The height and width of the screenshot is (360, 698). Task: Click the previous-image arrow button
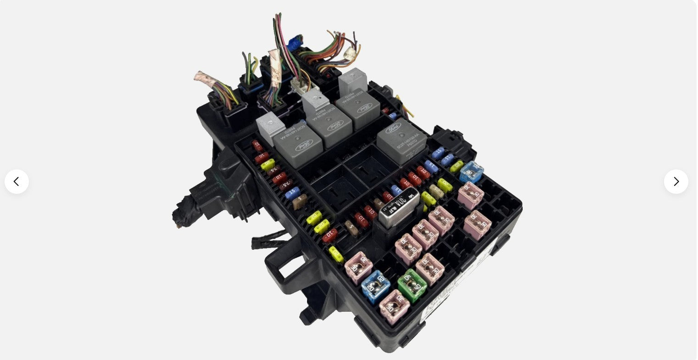17,182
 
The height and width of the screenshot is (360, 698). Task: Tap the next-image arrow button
676,182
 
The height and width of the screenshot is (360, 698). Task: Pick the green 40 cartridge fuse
412,285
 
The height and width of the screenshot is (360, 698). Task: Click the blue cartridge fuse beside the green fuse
375,287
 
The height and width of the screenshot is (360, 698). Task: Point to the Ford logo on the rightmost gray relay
394,129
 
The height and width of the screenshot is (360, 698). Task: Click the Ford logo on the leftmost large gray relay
303,145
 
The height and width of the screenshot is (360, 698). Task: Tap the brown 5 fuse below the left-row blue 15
300,202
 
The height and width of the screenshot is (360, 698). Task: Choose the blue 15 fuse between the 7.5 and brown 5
292,192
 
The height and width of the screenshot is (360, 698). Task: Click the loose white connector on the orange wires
351,53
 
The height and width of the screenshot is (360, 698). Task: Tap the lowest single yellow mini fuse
336,254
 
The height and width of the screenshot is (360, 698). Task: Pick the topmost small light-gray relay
353,81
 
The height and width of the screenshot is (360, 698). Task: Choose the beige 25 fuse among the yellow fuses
436,191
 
